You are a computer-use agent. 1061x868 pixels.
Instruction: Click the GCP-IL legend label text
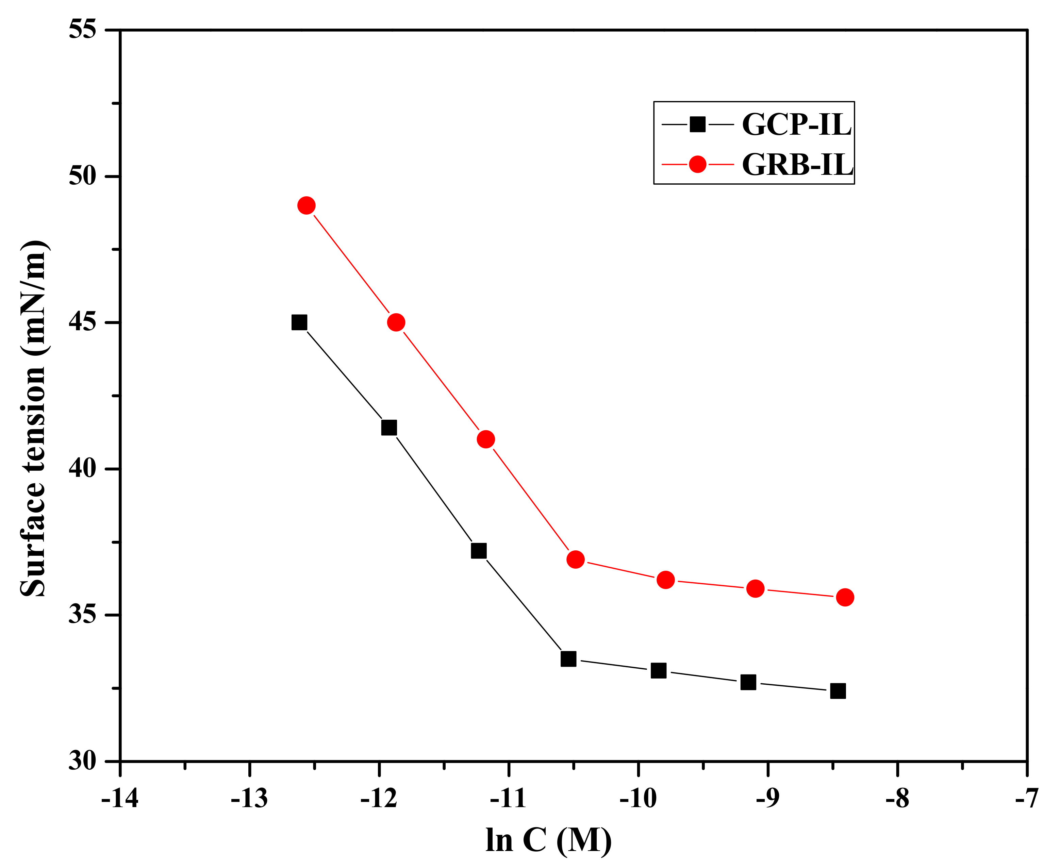tap(796, 125)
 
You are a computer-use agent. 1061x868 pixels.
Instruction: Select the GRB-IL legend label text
tap(797, 165)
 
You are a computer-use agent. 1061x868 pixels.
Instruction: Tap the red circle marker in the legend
tap(697, 164)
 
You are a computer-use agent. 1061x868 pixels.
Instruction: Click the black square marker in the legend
tap(697, 124)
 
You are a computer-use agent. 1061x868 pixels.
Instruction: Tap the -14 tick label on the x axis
tap(120, 799)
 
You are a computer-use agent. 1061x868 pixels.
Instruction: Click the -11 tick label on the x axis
tap(509, 799)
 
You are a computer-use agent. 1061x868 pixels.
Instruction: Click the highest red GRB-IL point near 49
tap(306, 205)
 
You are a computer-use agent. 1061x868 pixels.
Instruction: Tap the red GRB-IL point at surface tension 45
tap(396, 322)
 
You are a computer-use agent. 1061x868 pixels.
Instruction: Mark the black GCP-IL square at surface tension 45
tap(299, 322)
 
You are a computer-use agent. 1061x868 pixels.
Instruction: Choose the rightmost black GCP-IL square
tap(838, 691)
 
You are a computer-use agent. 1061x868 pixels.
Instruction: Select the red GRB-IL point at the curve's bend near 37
tap(576, 560)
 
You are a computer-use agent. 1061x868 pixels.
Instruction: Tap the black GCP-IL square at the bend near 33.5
tap(568, 659)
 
